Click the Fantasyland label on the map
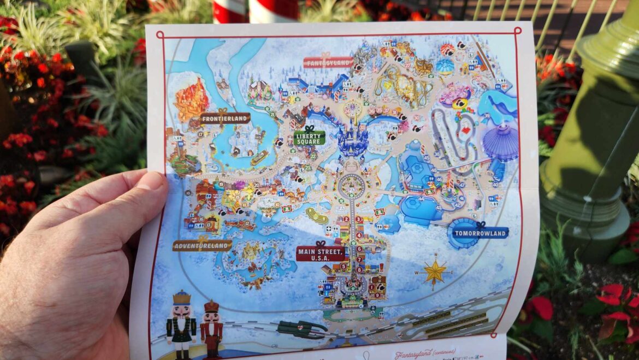coord(328,62)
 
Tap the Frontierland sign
coord(225,117)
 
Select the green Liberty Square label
coord(309,137)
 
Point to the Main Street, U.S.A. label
coord(321,253)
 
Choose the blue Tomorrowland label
coord(480,233)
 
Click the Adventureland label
coord(202,245)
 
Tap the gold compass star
coord(435,271)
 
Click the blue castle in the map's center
coord(352,139)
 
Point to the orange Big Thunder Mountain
coord(192,98)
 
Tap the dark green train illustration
coord(302,328)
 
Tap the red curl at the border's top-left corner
coord(159,36)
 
